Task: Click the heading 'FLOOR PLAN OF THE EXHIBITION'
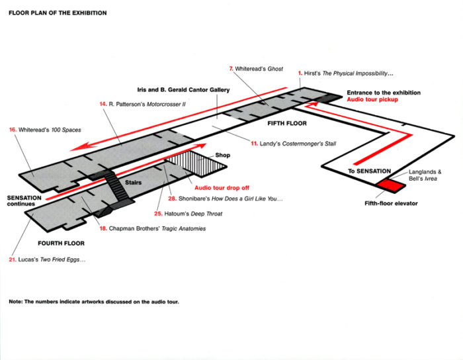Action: [x=58, y=13]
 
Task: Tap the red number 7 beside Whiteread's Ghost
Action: [x=231, y=69]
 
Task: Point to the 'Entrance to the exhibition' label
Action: [x=384, y=93]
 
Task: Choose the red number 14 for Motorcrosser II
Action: [x=103, y=104]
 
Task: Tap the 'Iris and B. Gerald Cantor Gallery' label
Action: [x=179, y=91]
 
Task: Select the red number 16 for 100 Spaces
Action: [x=13, y=130]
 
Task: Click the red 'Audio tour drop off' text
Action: [x=220, y=187]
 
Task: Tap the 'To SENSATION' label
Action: [x=368, y=171]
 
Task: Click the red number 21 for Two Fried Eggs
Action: [x=13, y=259]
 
